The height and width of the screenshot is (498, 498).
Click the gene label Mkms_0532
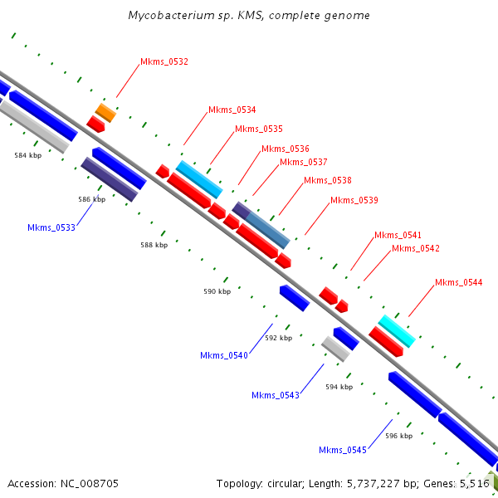pyautogui.click(x=164, y=61)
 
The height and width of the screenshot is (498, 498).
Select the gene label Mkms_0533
pyautogui.click(x=51, y=227)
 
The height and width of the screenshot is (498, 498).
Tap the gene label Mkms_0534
pyautogui.click(x=232, y=110)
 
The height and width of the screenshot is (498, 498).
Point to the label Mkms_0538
pyautogui.click(x=327, y=180)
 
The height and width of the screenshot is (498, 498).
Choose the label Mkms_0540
pyautogui.click(x=224, y=355)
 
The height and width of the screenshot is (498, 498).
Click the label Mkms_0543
pyautogui.click(x=276, y=395)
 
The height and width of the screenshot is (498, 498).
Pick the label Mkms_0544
pyautogui.click(x=458, y=283)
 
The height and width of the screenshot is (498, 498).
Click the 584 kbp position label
pyautogui.click(x=28, y=155)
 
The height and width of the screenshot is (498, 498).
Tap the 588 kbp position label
pyautogui.click(x=154, y=245)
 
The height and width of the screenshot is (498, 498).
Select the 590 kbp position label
pyautogui.click(x=217, y=291)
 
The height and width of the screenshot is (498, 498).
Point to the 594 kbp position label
pyautogui.click(x=339, y=387)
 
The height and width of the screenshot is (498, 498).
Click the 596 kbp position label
pyautogui.click(x=398, y=436)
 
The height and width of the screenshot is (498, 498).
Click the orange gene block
pyautogui.click(x=105, y=112)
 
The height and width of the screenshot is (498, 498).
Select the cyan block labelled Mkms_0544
pyautogui.click(x=397, y=330)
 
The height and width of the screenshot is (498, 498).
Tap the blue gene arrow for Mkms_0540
pyautogui.click(x=294, y=297)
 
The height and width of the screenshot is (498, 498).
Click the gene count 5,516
pyautogui.click(x=475, y=483)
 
